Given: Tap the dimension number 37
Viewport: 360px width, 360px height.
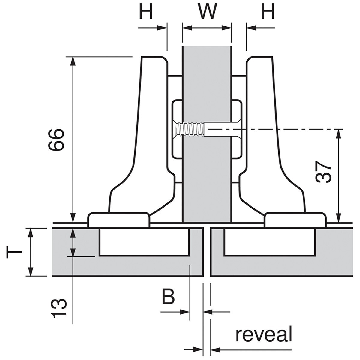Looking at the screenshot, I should point(323,173).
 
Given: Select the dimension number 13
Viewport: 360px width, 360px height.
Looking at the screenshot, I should point(57,309).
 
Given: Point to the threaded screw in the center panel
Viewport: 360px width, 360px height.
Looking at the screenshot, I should point(190,129).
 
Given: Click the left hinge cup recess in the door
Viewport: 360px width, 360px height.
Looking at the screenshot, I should point(144,241).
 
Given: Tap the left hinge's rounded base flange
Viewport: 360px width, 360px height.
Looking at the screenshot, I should point(118,220).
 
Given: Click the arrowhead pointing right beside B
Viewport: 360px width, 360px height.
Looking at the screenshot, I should point(186,312).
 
